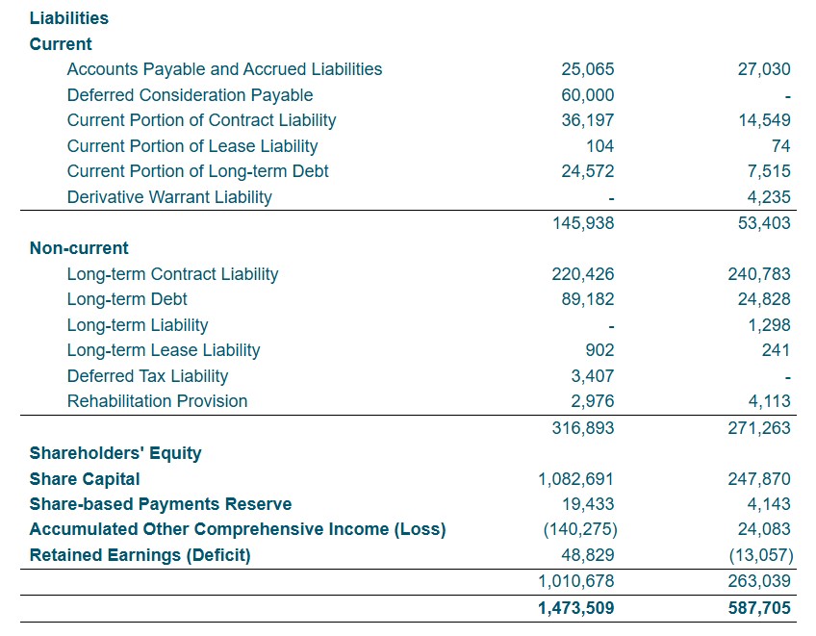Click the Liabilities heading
tap(69, 18)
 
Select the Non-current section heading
tap(79, 248)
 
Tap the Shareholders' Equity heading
tap(115, 453)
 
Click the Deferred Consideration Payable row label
tap(190, 95)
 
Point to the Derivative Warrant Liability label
tap(169, 197)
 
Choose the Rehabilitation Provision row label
tap(157, 401)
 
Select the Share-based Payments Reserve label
tap(161, 504)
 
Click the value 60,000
tap(587, 95)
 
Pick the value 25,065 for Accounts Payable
tap(587, 69)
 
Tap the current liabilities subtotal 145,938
tap(583, 223)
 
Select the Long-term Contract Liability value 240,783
tap(760, 274)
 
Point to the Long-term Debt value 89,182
tap(587, 299)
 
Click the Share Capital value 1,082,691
tap(575, 479)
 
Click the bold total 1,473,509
tap(575, 608)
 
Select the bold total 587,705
tap(760, 608)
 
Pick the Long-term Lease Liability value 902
tap(599, 350)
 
